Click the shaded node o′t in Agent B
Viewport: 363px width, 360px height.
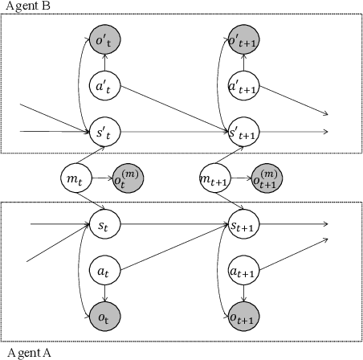point(105,40)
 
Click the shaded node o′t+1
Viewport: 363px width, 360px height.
point(244,40)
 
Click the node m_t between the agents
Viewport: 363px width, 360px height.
point(77,175)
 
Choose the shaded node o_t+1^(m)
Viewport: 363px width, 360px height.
point(267,176)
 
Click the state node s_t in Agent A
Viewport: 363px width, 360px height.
point(105,221)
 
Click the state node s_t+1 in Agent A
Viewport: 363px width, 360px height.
point(244,221)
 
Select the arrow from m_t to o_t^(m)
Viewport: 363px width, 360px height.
point(102,176)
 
